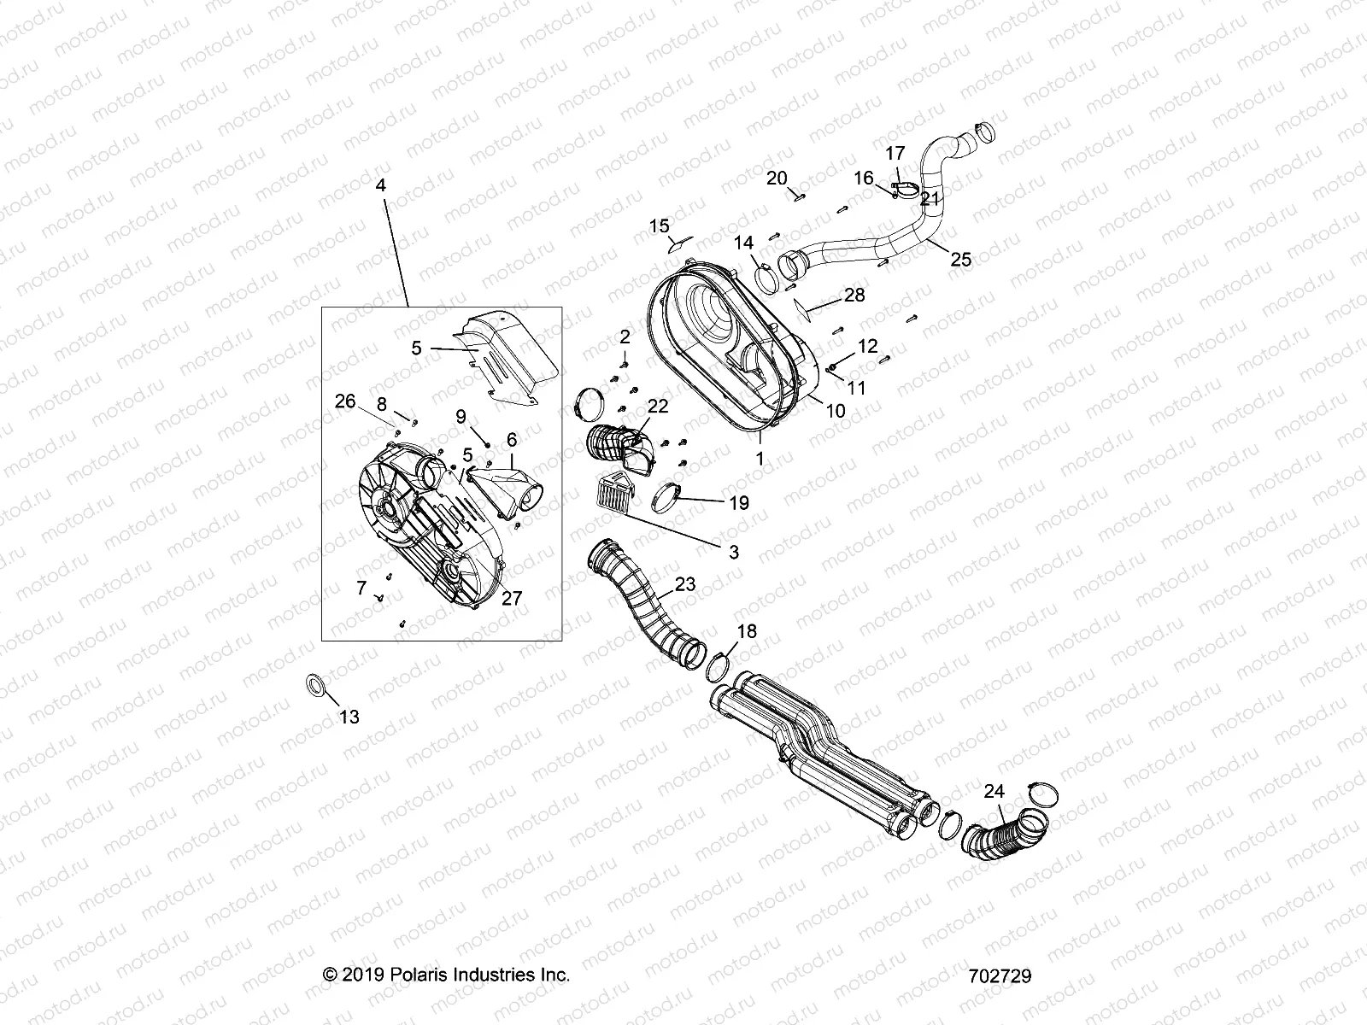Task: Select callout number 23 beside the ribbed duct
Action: (x=685, y=585)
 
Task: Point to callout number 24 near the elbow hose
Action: (x=994, y=792)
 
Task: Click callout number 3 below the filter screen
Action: (x=733, y=553)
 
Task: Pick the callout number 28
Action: (x=854, y=296)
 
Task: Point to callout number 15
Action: (x=660, y=225)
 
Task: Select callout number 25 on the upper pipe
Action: (x=961, y=260)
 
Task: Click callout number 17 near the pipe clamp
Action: (x=894, y=154)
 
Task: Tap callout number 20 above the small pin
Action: (x=776, y=178)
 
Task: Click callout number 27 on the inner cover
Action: (x=511, y=599)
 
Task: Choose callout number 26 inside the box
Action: (x=344, y=401)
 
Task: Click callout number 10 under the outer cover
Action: (x=835, y=411)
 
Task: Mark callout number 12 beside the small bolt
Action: (x=867, y=346)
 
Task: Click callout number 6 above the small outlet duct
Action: (x=512, y=440)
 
